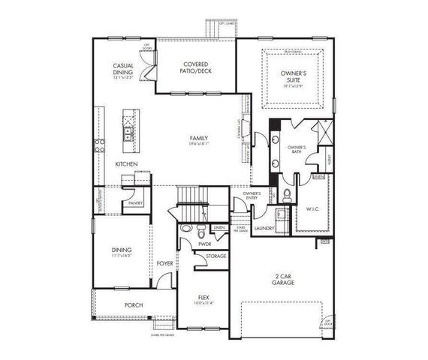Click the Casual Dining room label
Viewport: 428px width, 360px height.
tap(123, 69)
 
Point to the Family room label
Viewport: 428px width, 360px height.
tap(199, 139)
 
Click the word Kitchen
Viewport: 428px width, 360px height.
tap(125, 163)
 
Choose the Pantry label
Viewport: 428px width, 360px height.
tap(136, 203)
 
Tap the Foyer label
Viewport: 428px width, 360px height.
tap(164, 264)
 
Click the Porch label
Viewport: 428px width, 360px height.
tap(134, 305)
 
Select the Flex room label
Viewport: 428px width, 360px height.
tap(202, 298)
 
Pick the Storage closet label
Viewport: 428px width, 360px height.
tap(216, 256)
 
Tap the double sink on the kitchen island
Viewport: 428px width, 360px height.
tap(130, 135)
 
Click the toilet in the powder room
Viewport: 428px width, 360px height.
tap(185, 228)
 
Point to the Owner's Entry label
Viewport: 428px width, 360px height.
tap(251, 197)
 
